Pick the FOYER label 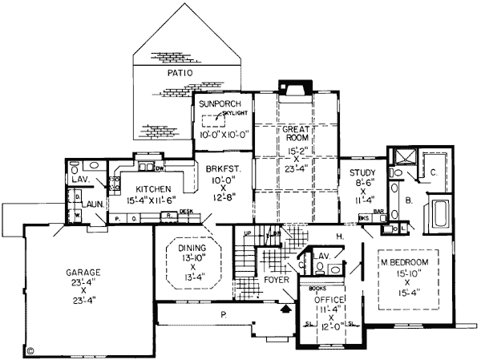click(276, 280)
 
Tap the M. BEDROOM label click(404, 263)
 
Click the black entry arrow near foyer click(286, 307)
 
